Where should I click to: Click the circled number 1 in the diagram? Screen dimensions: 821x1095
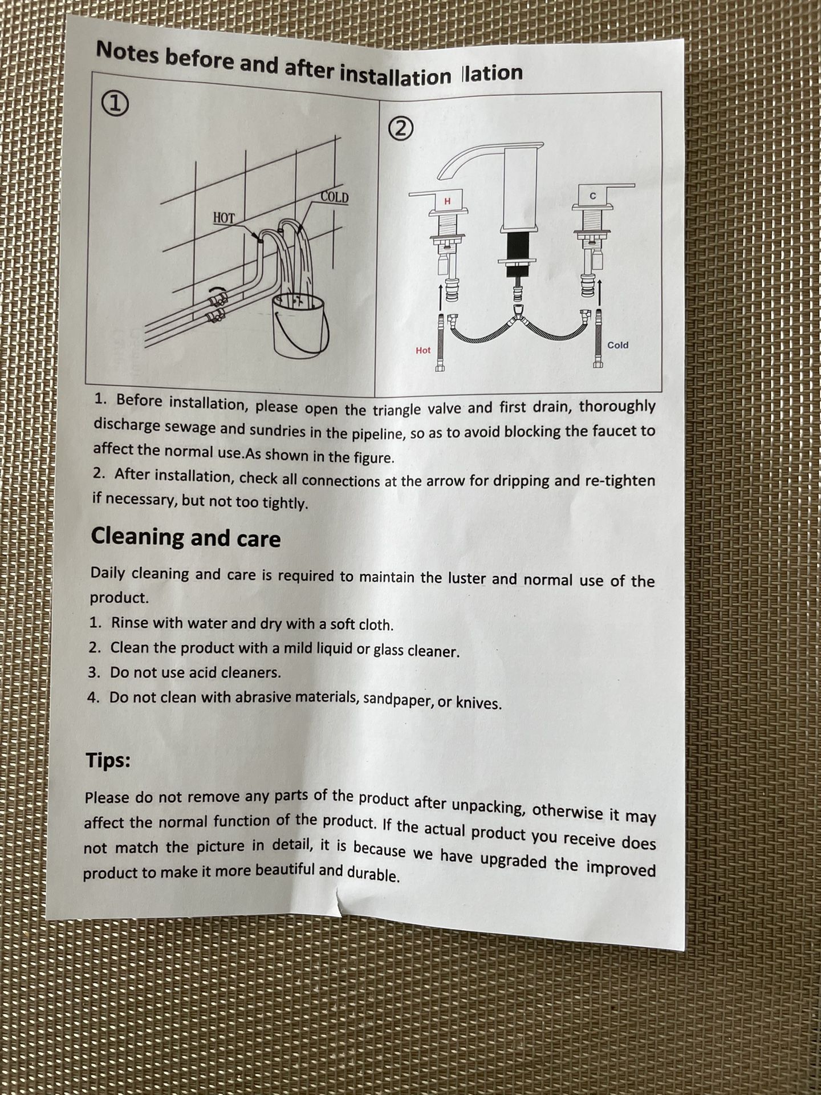[x=114, y=104]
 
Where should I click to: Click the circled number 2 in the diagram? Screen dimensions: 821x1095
[x=401, y=129]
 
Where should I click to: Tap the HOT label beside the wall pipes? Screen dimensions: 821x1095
[x=224, y=218]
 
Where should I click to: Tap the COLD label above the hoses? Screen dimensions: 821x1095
[x=334, y=197]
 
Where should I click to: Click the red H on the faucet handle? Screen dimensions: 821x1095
[x=447, y=201]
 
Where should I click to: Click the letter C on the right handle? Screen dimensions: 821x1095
[x=592, y=196]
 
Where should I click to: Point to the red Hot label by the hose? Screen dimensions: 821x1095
[x=423, y=350]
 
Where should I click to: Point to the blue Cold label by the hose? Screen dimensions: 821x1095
[x=617, y=345]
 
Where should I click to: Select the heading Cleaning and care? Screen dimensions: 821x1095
[x=186, y=537]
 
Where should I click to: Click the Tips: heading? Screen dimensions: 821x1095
[x=108, y=760]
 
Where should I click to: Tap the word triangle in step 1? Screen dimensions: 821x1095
[x=397, y=409]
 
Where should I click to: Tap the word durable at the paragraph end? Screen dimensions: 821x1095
[x=373, y=873]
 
